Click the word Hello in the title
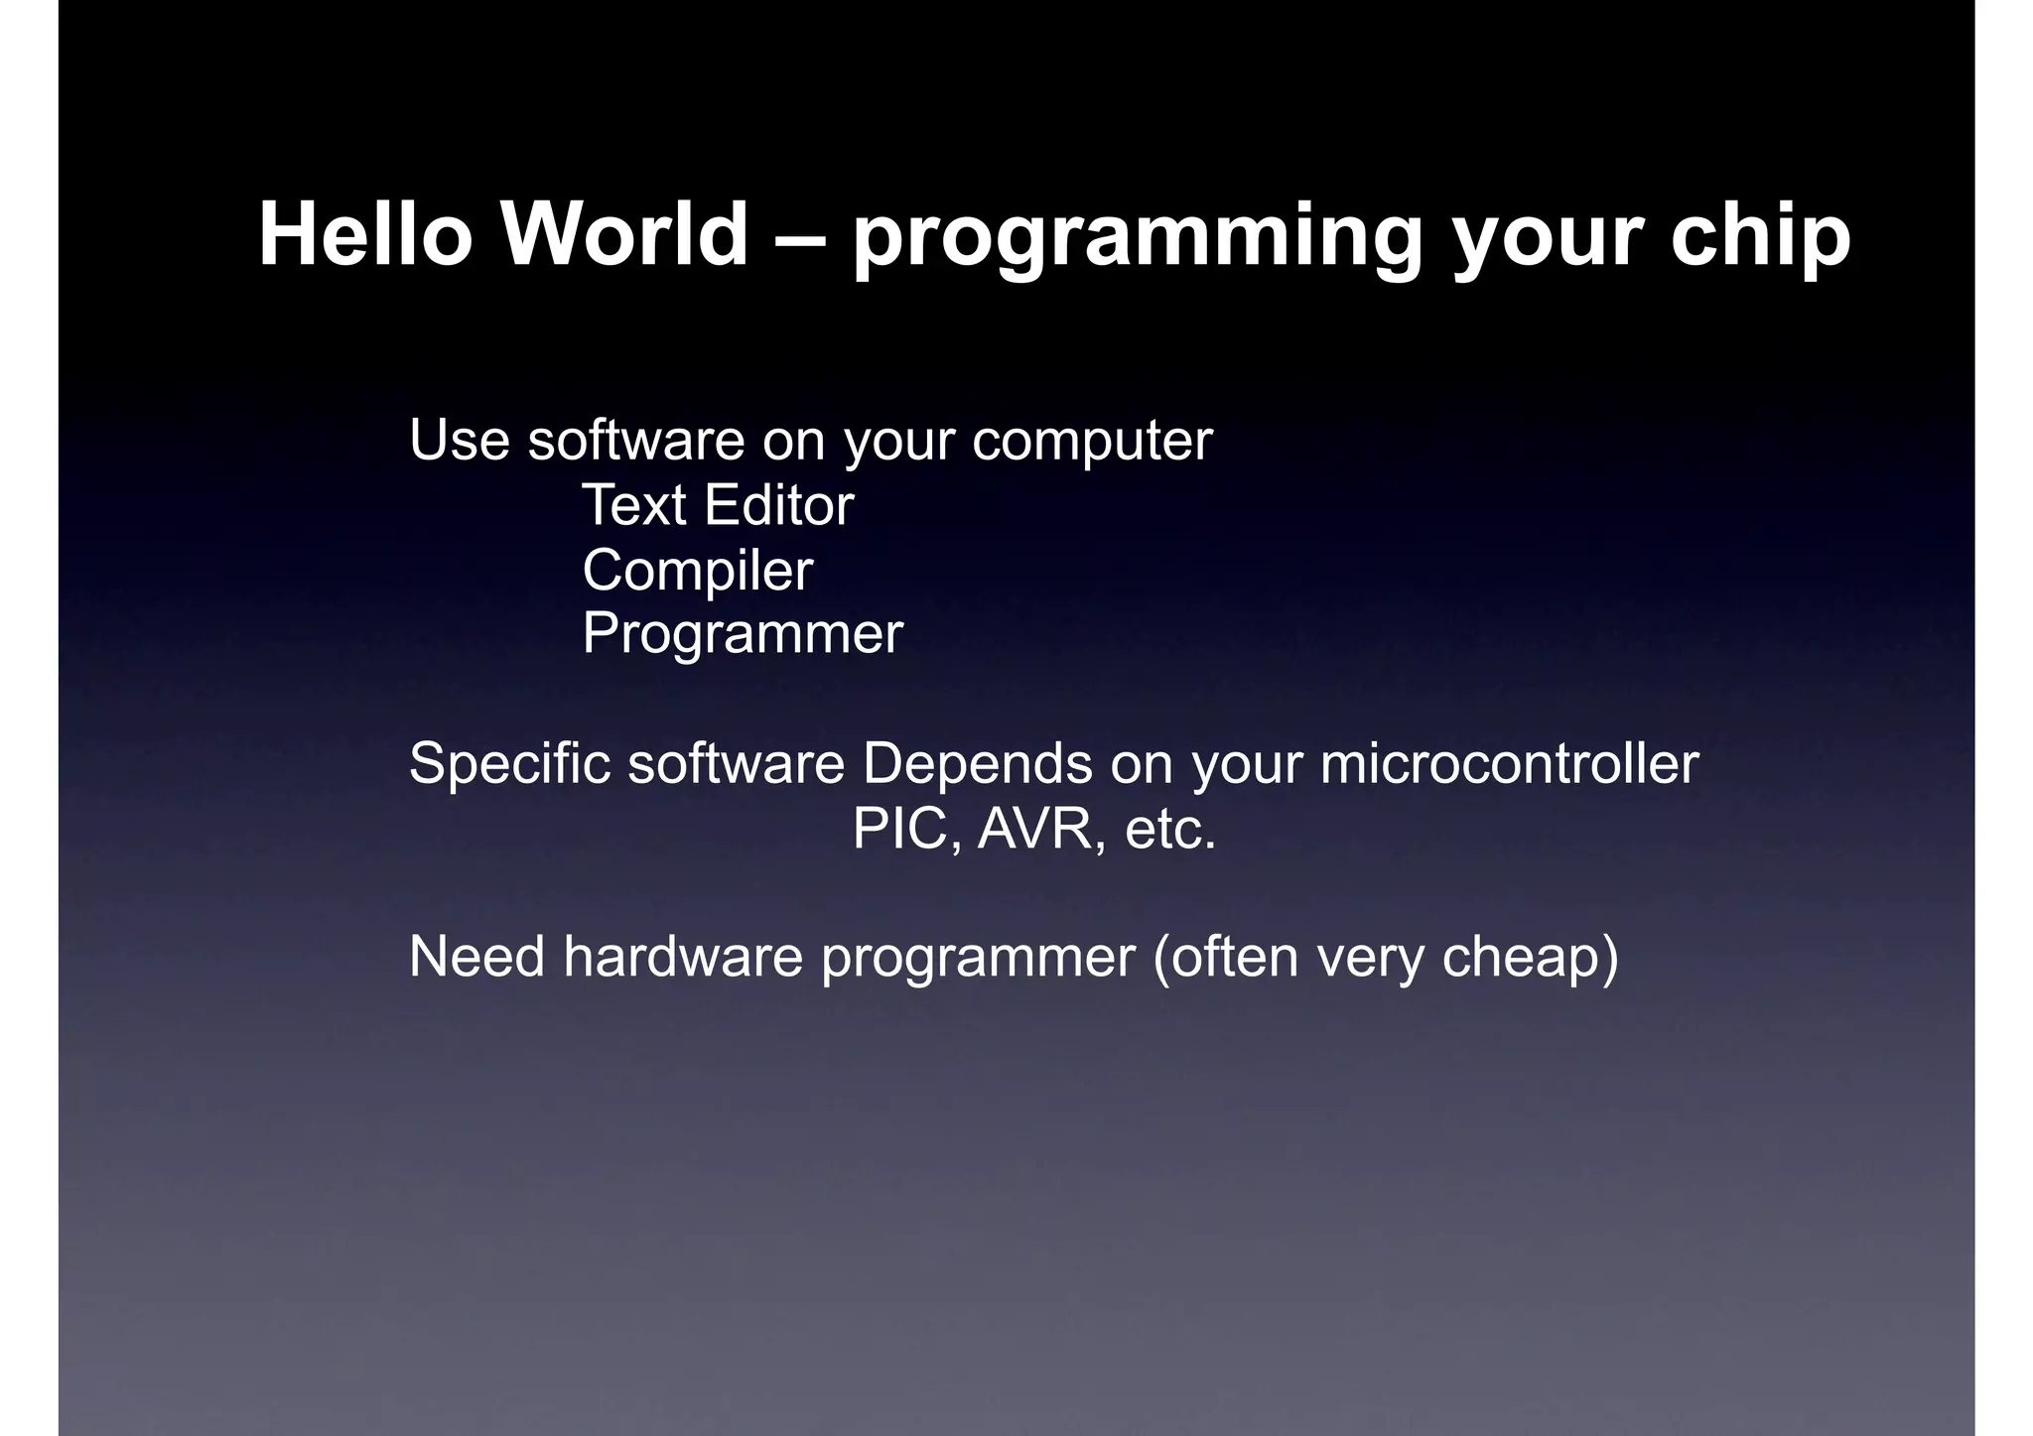click(x=364, y=235)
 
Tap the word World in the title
click(x=624, y=235)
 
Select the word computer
click(x=1092, y=442)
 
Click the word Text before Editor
click(x=634, y=505)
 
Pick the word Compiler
click(x=697, y=572)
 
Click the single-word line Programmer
click(x=743, y=635)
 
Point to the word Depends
click(x=977, y=765)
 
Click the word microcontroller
click(x=1509, y=765)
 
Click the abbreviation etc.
click(x=1169, y=832)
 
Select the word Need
click(x=476, y=957)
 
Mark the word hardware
click(x=683, y=957)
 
